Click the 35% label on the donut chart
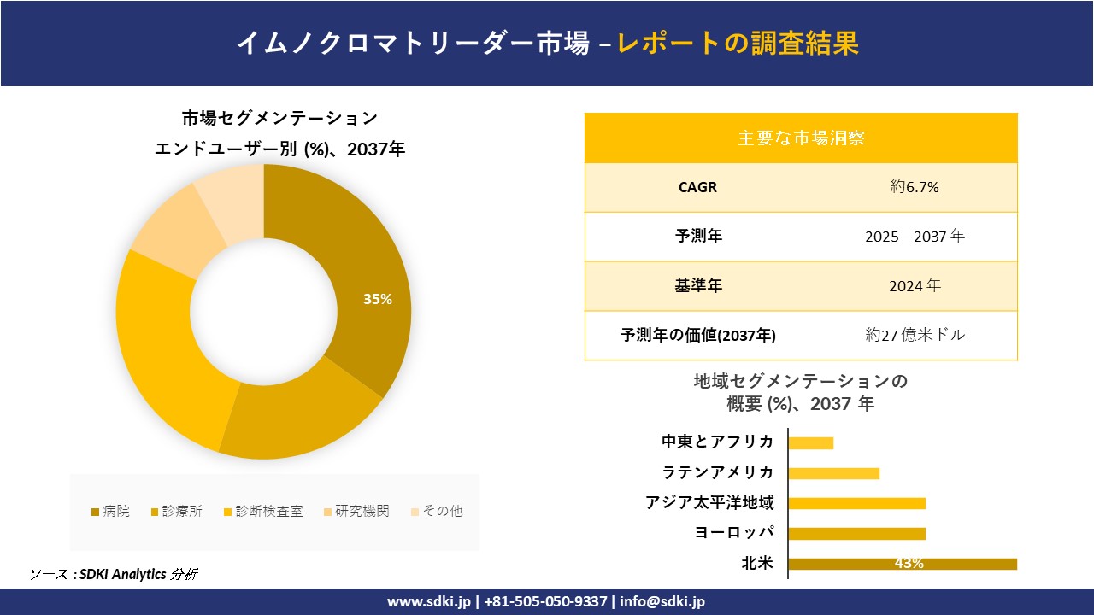coord(377,299)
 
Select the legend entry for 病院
coord(111,512)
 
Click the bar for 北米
coord(902,564)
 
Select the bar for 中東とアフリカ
coord(810,442)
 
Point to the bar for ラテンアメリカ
coord(833,473)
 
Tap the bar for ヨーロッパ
coord(856,534)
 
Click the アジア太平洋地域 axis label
coord(709,502)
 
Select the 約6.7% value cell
coord(914,187)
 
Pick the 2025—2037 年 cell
coord(914,237)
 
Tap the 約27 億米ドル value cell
coord(914,335)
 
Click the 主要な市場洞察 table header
coord(801,138)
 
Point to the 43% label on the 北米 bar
coord(908,564)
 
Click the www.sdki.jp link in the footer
coord(429,601)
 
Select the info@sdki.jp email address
coord(663,601)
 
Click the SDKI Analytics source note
coord(115,574)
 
